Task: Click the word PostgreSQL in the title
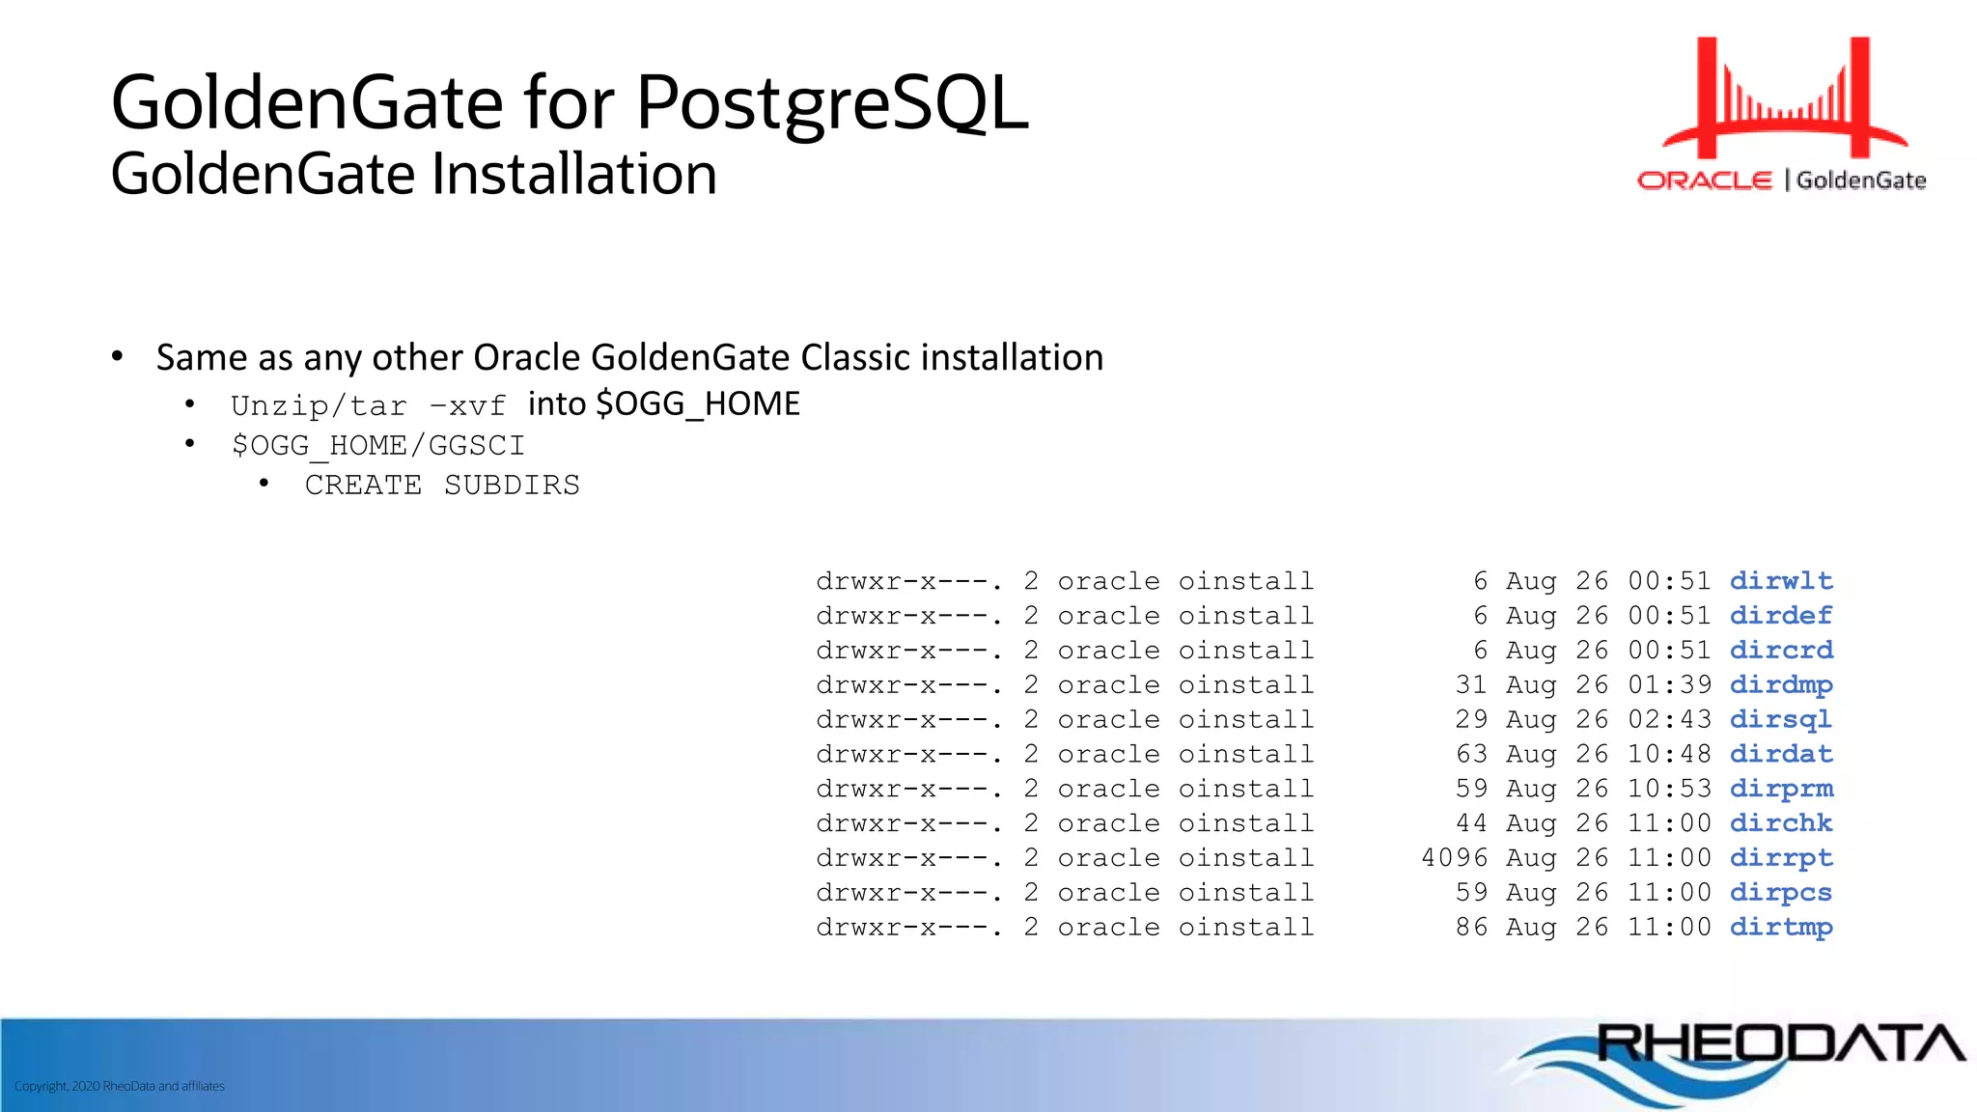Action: tap(832, 103)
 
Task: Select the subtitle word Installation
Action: tap(573, 175)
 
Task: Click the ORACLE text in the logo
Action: tap(1705, 181)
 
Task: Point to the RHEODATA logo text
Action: tap(1780, 1044)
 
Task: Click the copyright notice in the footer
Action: tap(120, 1086)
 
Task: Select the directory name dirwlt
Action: tap(1780, 581)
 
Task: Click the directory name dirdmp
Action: tap(1780, 685)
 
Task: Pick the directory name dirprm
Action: tap(1780, 789)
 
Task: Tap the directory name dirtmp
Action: tap(1780, 928)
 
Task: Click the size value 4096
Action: tap(1455, 858)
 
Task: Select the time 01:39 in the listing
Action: tap(1669, 685)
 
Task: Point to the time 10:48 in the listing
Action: tap(1669, 754)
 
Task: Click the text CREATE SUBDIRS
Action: tap(442, 485)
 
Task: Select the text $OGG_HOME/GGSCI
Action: tap(377, 445)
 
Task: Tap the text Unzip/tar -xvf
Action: tap(368, 405)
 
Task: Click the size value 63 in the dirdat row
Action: tap(1471, 754)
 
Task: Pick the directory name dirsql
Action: tap(1780, 720)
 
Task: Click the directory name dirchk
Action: tap(1780, 823)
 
